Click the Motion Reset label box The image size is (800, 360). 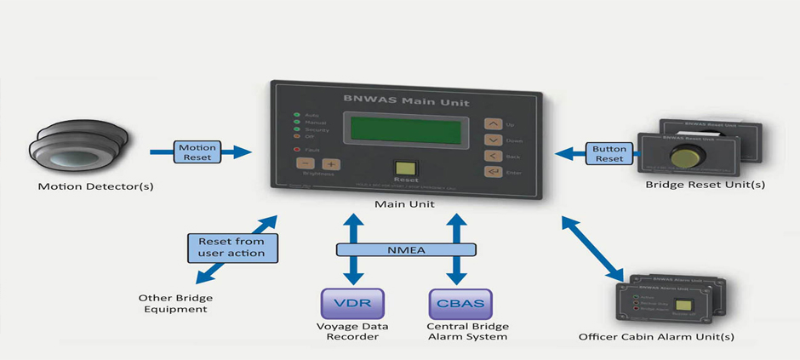197,152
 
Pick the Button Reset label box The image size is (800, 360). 609,152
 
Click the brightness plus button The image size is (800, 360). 330,164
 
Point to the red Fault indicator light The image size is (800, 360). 295,150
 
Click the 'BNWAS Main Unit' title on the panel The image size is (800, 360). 398,99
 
